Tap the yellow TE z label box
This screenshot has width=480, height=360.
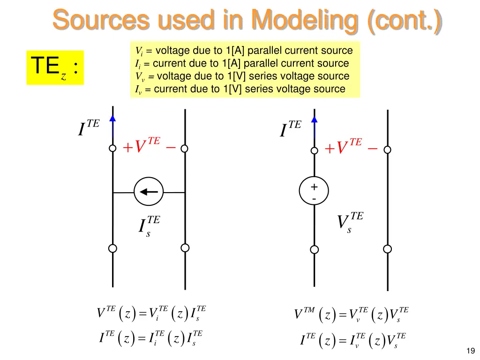pos(55,67)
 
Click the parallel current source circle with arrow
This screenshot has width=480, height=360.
pos(149,192)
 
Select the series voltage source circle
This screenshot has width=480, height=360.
pos(314,192)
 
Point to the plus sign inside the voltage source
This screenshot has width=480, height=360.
pos(314,187)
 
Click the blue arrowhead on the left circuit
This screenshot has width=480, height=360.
pos(112,119)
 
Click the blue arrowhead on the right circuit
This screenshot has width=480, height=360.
pos(315,119)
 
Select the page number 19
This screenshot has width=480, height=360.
pos(471,351)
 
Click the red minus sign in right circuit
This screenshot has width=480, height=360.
pos(373,149)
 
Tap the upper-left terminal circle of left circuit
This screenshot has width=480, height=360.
pos(112,149)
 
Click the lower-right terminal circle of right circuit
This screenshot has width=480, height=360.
pos(387,248)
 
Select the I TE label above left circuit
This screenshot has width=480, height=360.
pos(89,128)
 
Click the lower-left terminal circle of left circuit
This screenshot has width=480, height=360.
pos(112,248)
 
